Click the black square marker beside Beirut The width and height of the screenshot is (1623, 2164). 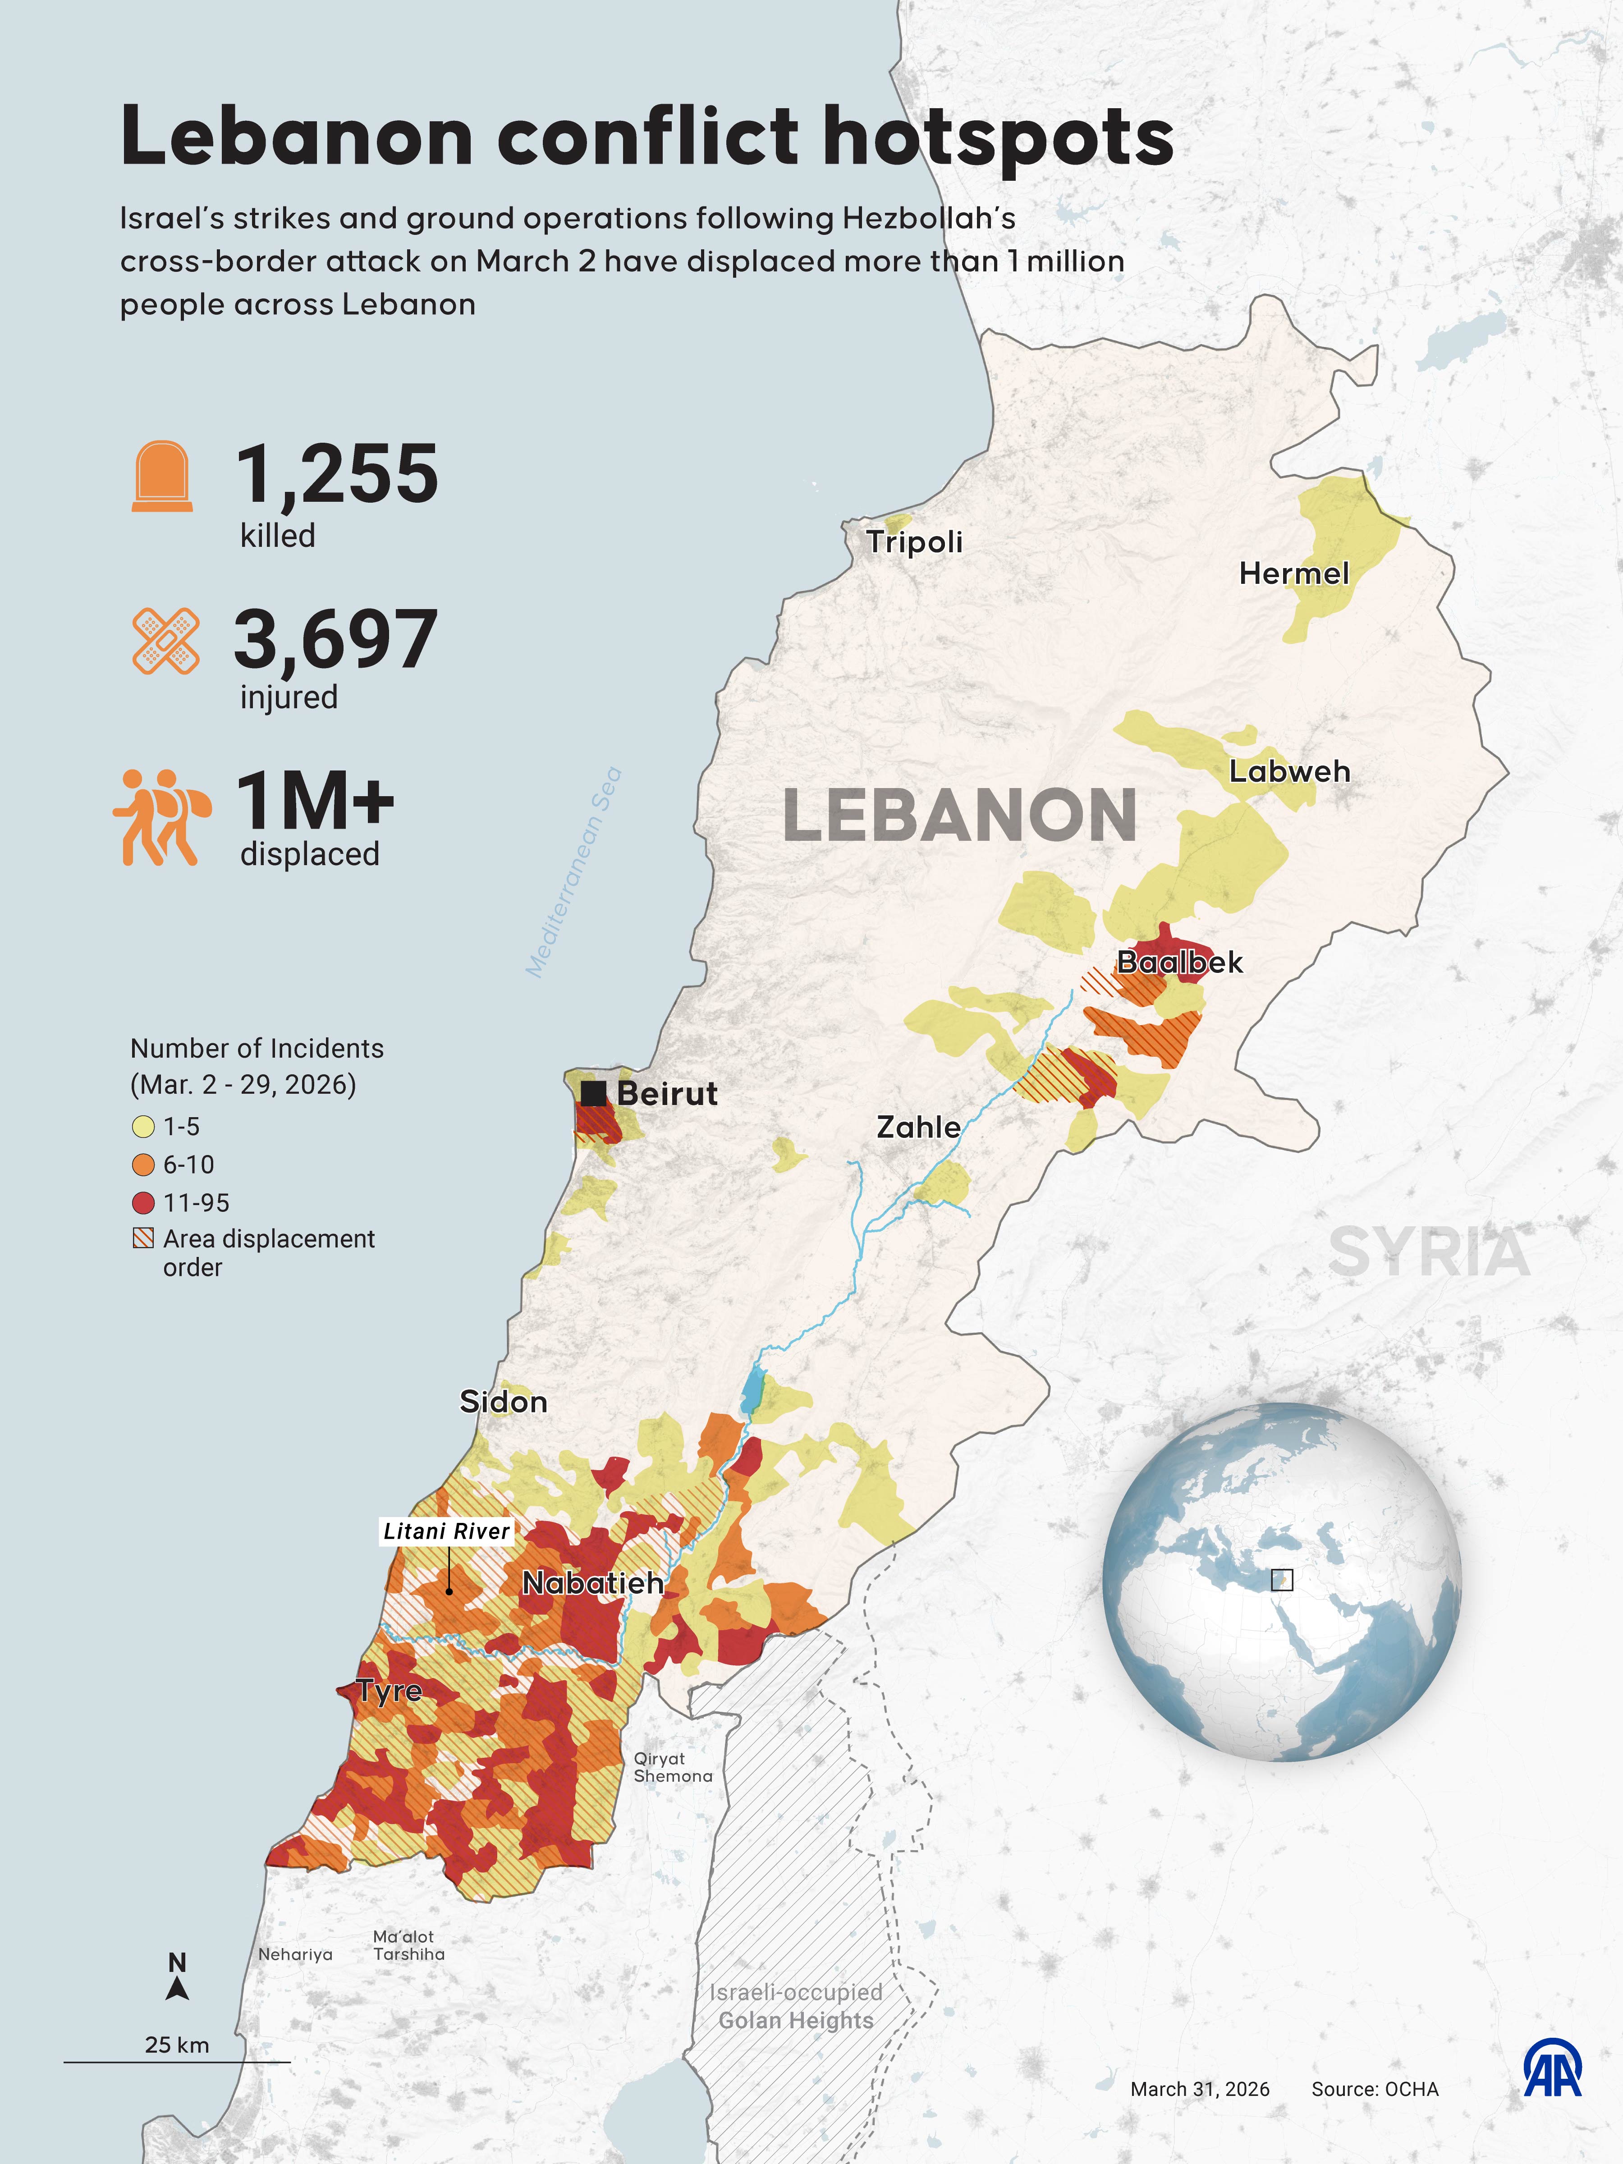tap(593, 1093)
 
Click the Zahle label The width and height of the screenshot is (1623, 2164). tap(917, 1127)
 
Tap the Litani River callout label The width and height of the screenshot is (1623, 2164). tap(446, 1531)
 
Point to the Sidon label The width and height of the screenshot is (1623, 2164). tap(503, 1402)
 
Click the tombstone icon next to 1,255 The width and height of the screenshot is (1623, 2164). tap(162, 477)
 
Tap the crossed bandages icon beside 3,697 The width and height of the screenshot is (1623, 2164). tap(165, 641)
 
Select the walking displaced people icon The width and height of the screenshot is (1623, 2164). tap(161, 817)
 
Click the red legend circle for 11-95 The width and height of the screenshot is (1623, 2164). tap(143, 1202)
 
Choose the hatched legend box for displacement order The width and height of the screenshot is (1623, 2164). tap(143, 1238)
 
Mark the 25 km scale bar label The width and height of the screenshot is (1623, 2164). tap(177, 2045)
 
